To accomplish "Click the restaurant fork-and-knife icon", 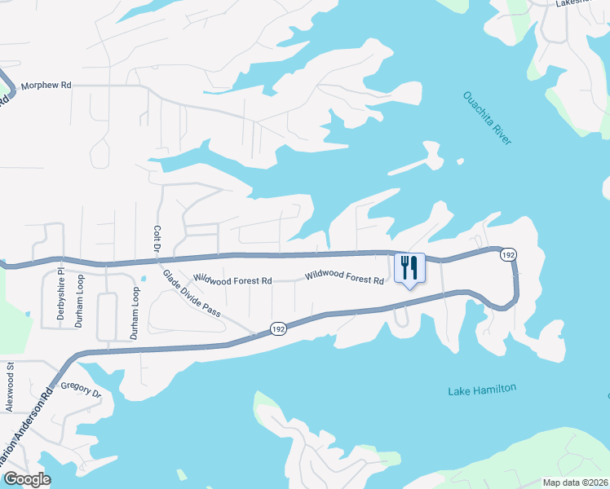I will click(x=409, y=267).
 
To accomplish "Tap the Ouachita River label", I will click(x=487, y=117).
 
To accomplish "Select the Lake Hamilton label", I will click(x=482, y=390).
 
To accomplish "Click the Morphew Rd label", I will click(x=46, y=84).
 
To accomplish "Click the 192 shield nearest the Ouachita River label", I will click(x=508, y=255).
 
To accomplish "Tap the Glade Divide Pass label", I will click(x=192, y=300).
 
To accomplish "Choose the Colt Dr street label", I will click(x=155, y=244).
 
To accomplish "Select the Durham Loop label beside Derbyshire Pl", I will click(x=80, y=300).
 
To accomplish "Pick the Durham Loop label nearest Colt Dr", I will click(x=135, y=311).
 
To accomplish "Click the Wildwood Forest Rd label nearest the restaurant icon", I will click(x=344, y=278).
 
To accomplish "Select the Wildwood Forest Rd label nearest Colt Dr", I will click(x=232, y=280).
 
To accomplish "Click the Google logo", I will click(x=27, y=479).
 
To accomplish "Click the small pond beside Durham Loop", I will click(x=143, y=278).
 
